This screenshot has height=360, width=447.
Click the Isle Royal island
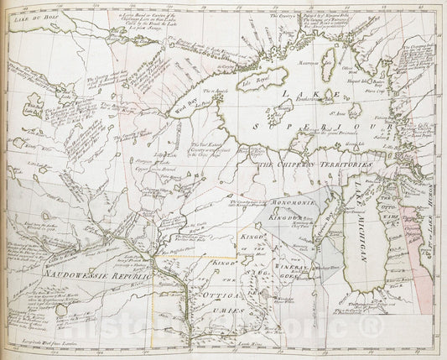tap(260, 81)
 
